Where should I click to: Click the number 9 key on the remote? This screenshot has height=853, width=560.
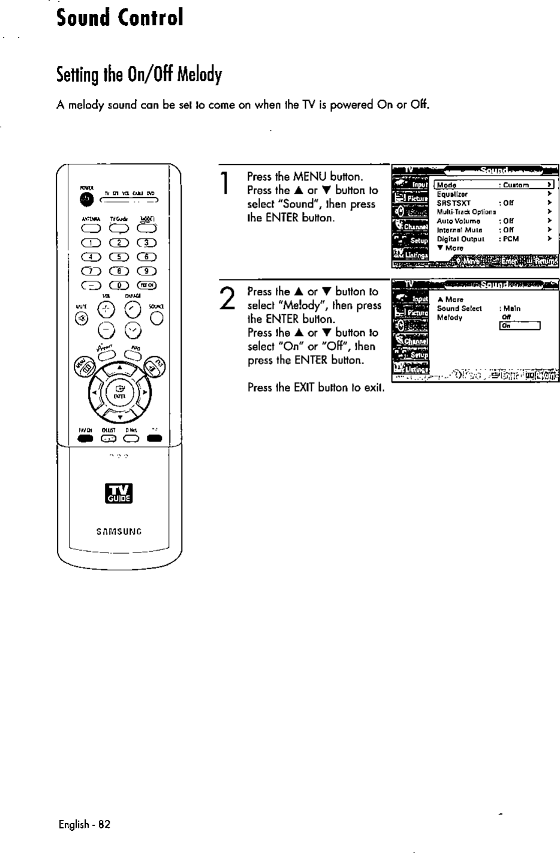(147, 270)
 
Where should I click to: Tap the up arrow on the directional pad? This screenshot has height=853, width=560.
(120, 368)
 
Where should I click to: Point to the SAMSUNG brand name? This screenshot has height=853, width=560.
(119, 530)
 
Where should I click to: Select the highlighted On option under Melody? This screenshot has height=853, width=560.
(520, 326)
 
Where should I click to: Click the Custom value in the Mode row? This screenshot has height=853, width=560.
(516, 185)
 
